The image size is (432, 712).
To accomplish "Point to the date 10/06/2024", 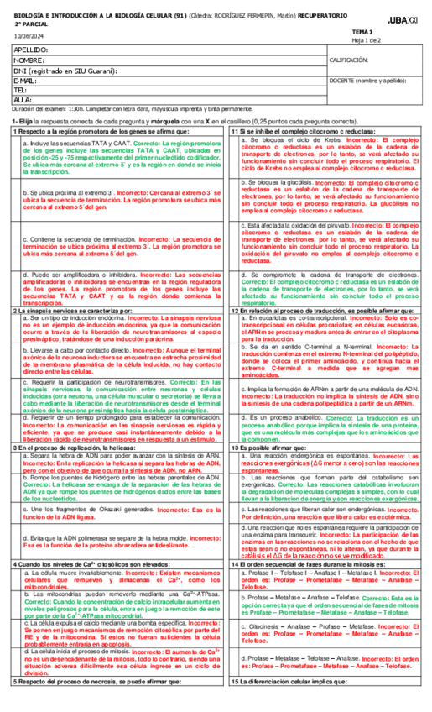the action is [29, 34].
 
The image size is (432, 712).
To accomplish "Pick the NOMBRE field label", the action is [29, 60].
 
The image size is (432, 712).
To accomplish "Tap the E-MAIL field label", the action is [27, 81].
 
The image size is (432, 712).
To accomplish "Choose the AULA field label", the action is [23, 100].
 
